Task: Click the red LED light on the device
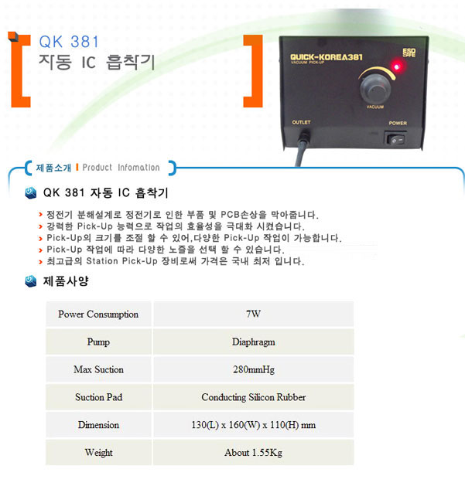pos(396,66)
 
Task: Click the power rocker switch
pos(396,139)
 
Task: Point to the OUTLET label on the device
pos(301,122)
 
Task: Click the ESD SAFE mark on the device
pos(409,53)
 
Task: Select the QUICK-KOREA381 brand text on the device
pos(327,57)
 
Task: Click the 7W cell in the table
pos(253,314)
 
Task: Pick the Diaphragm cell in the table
pos(253,342)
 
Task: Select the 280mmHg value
pos(254,369)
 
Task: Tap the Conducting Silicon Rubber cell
pos(253,397)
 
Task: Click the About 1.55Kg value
pos(253,453)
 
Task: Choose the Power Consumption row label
pos(98,314)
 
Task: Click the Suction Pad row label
pos(99,397)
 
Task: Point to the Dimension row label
pos(98,425)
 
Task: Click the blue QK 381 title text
pos(69,42)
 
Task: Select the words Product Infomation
pos(121,168)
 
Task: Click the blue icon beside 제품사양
pos(31,280)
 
